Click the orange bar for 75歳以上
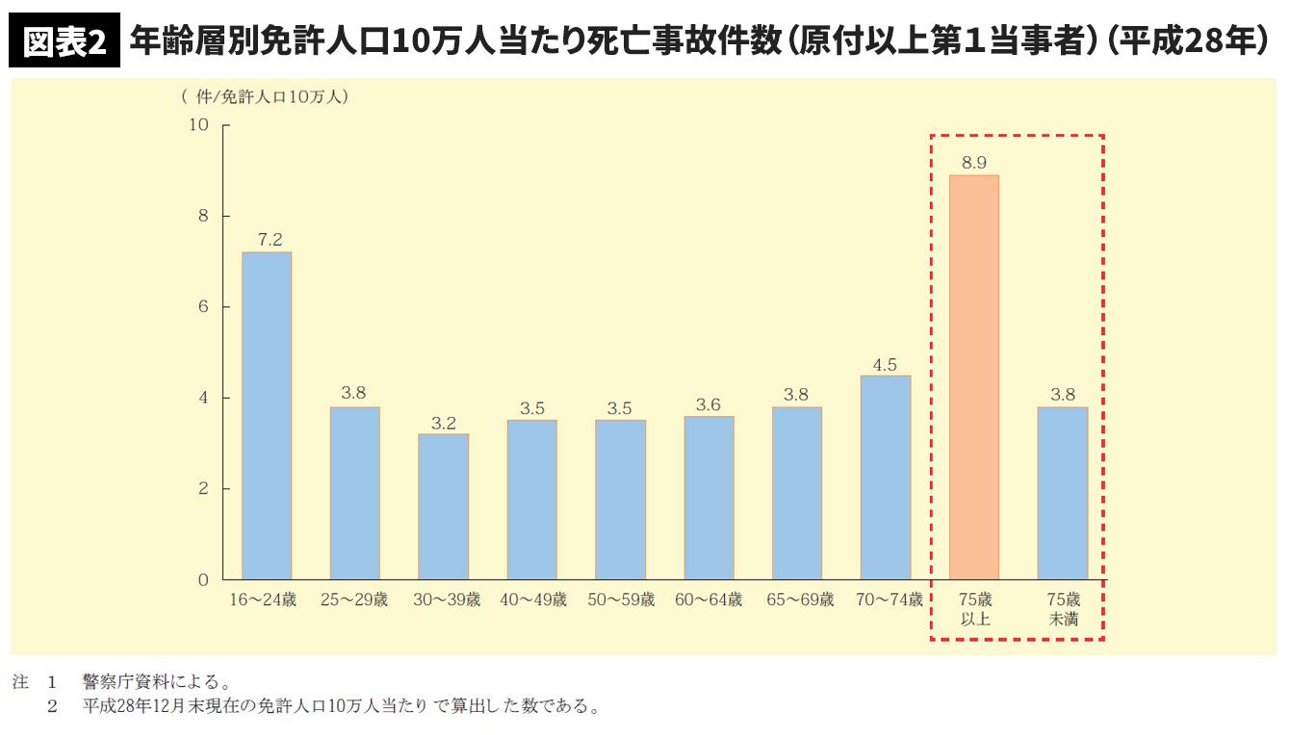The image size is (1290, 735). point(973,377)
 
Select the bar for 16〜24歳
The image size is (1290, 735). point(267,415)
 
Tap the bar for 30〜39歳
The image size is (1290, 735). point(443,507)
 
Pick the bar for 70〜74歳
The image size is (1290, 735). point(886,477)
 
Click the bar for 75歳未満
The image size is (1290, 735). point(1063,493)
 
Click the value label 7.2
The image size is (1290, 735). point(267,239)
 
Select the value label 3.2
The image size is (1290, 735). point(443,422)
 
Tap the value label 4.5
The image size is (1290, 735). point(886,364)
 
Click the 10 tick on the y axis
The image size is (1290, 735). point(199,124)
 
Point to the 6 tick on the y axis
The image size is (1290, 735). point(203,306)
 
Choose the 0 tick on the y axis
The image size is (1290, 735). point(203,580)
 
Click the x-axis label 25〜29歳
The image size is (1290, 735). point(354,600)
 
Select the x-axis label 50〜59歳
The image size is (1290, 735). point(620,600)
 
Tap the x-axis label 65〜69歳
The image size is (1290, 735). point(797,600)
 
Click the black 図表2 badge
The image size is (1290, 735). point(64,43)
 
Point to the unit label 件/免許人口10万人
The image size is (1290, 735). point(265,96)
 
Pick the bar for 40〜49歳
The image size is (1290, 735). point(531,500)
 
